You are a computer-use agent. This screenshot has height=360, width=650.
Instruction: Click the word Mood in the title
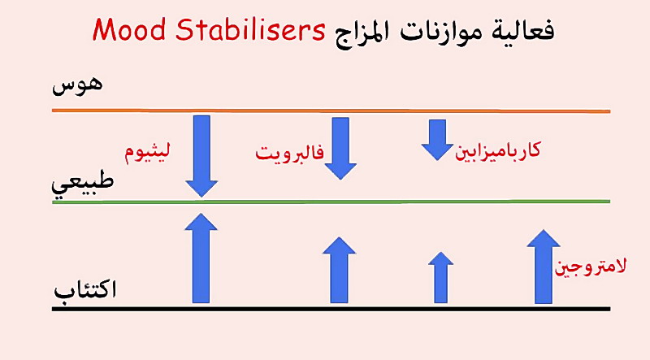coord(129,30)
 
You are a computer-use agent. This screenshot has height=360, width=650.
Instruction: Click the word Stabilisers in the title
coord(250,30)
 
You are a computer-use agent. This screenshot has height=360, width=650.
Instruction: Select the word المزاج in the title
coord(362,33)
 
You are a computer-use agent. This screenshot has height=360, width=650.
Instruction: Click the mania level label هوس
coord(77,85)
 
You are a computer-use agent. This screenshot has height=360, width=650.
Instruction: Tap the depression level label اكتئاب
coord(85,289)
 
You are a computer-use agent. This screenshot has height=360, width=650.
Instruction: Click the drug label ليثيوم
coord(147,152)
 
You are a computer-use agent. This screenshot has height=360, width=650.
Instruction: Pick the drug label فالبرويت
coord(289,153)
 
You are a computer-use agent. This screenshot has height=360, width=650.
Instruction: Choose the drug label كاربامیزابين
coord(497,150)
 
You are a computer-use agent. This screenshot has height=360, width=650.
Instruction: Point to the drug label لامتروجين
coord(591,267)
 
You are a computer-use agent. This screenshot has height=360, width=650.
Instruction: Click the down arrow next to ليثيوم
coord(201,156)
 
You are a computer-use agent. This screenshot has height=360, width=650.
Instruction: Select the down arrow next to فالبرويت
coord(340,148)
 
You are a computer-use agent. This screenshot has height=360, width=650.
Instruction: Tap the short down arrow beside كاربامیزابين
coord(437,140)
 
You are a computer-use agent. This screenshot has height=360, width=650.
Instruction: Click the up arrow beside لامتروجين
coord(544,267)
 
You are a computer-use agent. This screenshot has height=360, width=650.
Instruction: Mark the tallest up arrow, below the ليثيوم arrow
coord(201,258)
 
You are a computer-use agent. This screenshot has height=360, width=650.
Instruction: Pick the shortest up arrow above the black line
coord(440,277)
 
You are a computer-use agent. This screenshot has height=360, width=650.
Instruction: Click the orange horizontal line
coord(331,111)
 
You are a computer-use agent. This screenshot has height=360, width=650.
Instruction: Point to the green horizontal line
coord(331,202)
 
